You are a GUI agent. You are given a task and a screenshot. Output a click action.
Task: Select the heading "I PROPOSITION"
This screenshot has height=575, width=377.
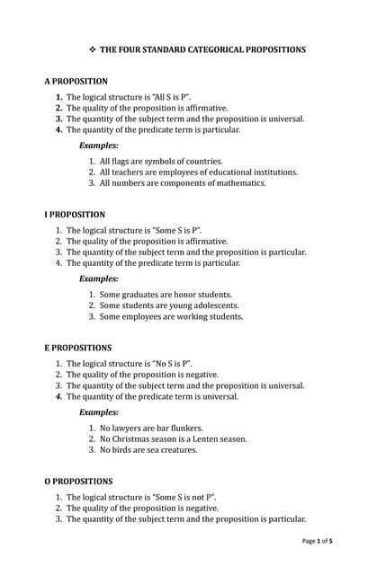[x=75, y=215]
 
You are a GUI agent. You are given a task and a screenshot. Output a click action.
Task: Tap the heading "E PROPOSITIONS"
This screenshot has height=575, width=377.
[x=78, y=348]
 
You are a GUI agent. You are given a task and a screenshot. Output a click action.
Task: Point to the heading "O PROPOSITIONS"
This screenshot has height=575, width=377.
[x=79, y=482]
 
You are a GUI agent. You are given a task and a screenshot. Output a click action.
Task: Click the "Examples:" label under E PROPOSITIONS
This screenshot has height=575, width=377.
[x=99, y=411]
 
